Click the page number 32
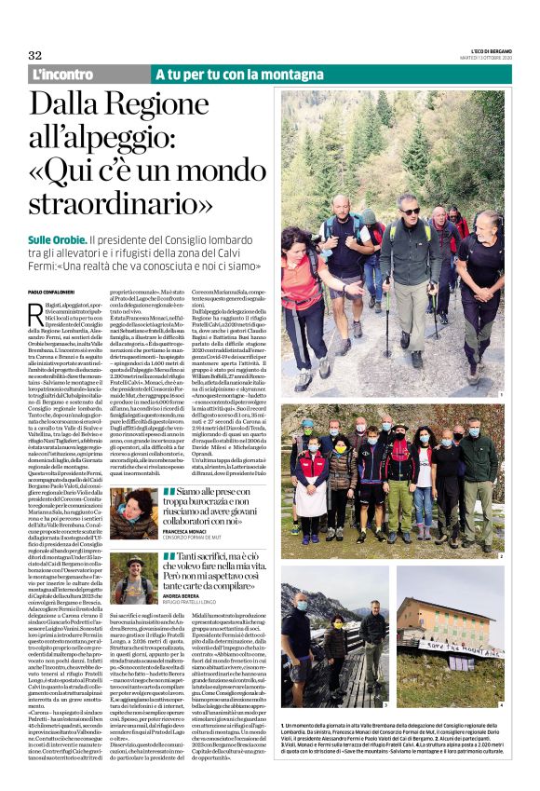[35, 55]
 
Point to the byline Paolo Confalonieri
[61, 293]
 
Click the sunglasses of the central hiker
[411, 211]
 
